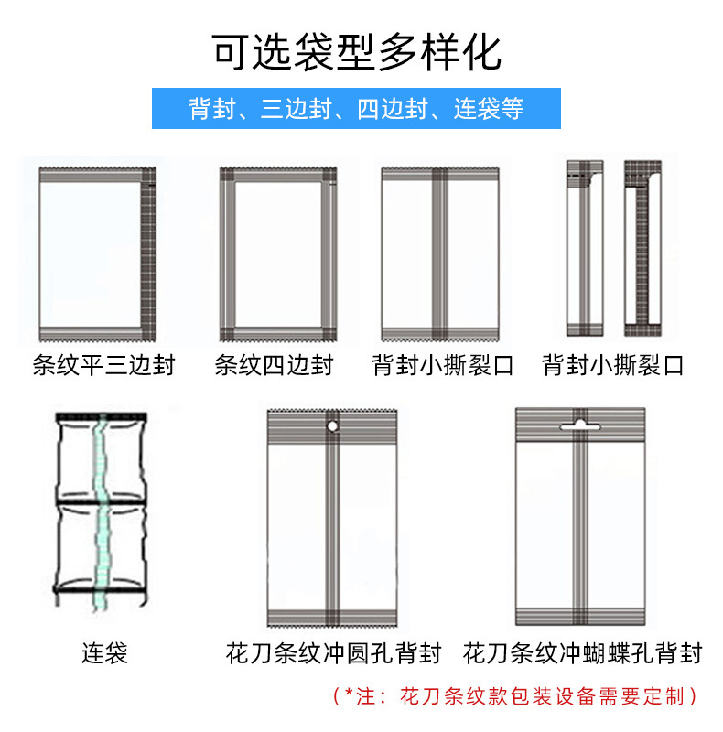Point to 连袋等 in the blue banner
(x=490, y=109)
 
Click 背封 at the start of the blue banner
(x=208, y=109)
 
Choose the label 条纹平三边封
(x=103, y=366)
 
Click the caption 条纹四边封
(x=274, y=366)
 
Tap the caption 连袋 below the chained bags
(x=104, y=653)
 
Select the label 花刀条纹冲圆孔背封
(x=333, y=653)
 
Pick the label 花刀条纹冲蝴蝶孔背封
(x=582, y=653)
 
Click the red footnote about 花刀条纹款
(x=515, y=696)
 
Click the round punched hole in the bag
(x=332, y=425)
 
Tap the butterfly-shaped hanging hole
(x=576, y=425)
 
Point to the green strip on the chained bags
(x=103, y=512)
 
